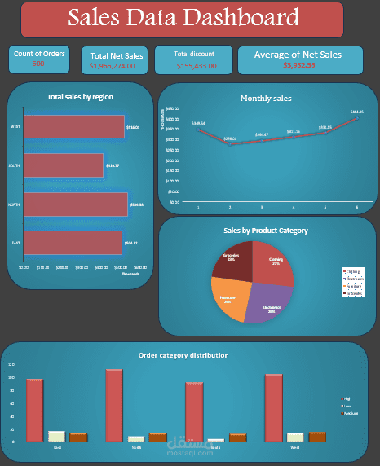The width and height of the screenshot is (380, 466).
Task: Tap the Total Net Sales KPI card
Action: click(116, 59)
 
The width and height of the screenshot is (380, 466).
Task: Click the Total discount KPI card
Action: click(193, 59)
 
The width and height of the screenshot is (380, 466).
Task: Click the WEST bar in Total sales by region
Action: click(73, 127)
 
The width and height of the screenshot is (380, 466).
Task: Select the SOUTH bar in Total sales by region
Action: click(64, 165)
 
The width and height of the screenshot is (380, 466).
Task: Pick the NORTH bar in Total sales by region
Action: click(75, 204)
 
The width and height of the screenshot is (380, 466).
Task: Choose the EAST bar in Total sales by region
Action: click(73, 242)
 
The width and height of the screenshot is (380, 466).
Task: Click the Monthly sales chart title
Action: click(266, 98)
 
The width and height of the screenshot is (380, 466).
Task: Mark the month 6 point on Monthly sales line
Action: click(356, 118)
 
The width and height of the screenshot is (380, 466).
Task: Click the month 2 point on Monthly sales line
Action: click(230, 144)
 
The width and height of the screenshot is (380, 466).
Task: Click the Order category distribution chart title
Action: click(183, 355)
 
